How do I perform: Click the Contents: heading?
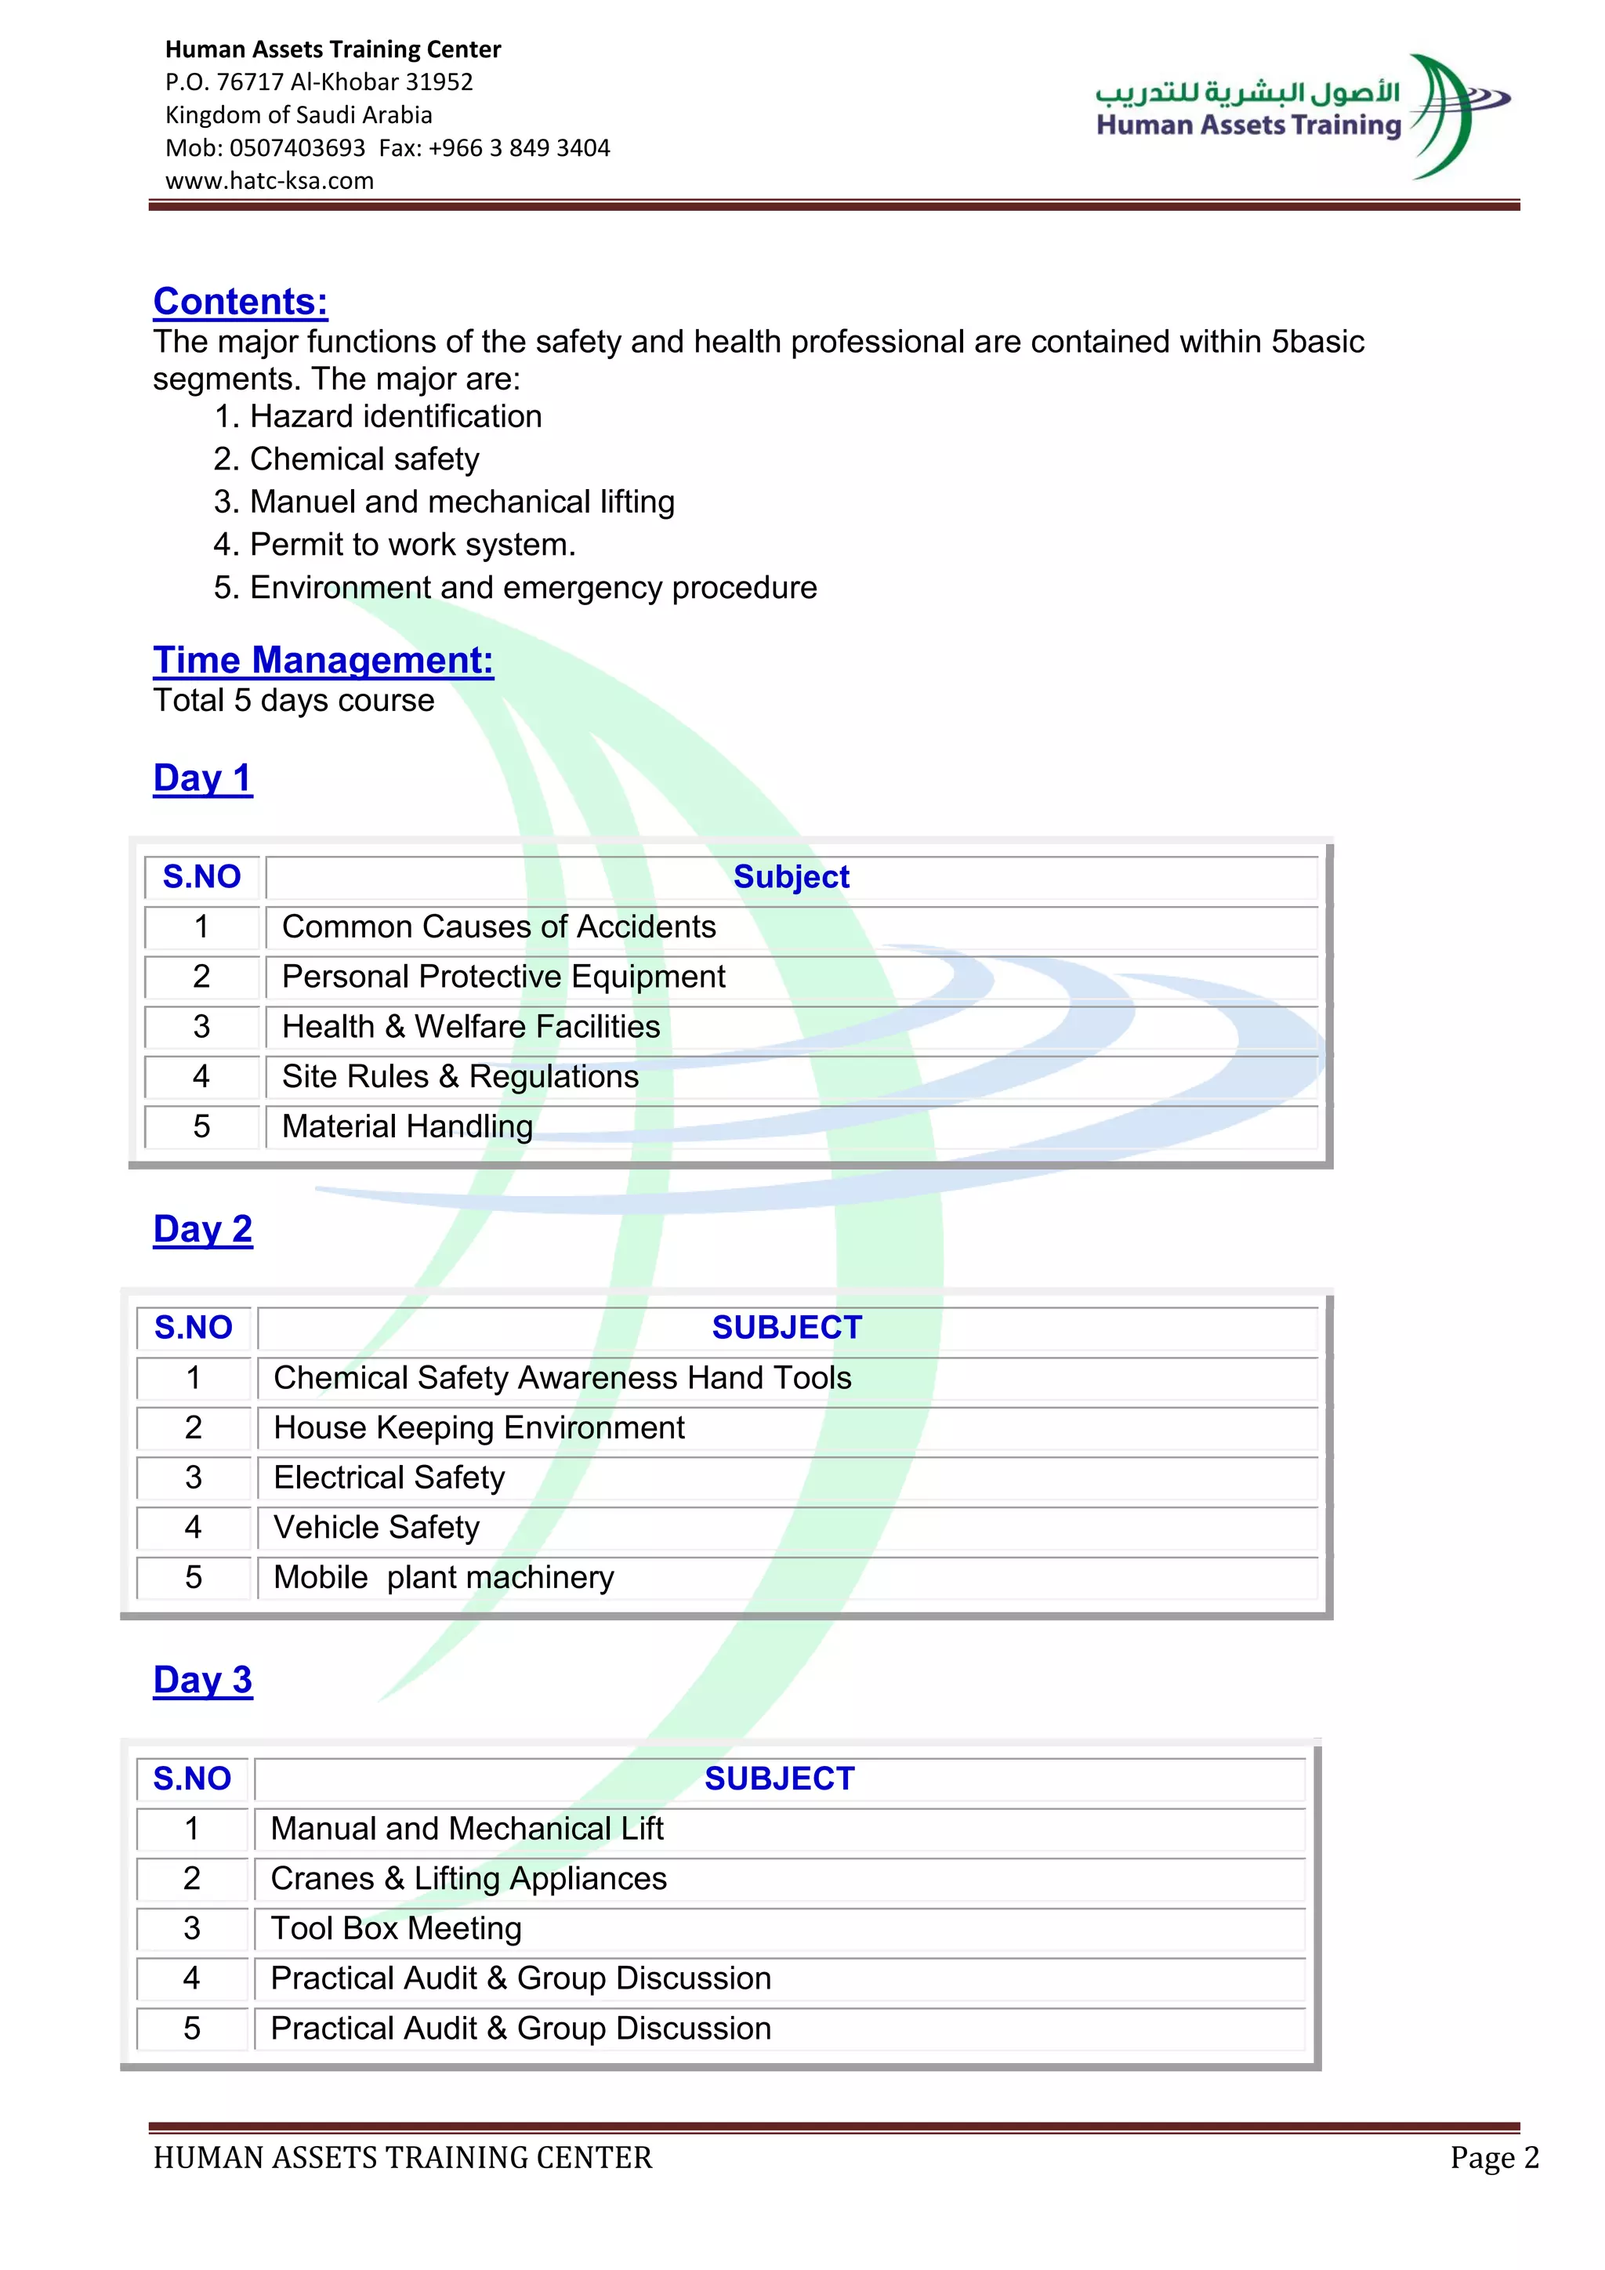(x=240, y=302)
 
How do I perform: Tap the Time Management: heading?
(x=323, y=661)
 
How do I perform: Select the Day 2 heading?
(x=203, y=1229)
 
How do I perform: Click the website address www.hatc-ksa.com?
(x=269, y=181)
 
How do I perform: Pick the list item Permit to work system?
(x=412, y=545)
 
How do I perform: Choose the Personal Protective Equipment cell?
(x=503, y=977)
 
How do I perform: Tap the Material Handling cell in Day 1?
(x=408, y=1126)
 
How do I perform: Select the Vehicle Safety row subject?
(x=376, y=1528)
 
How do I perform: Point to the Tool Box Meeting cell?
(x=397, y=1928)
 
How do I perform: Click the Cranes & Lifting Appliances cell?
(x=469, y=1879)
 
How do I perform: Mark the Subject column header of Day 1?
(x=791, y=877)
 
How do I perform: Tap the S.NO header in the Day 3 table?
(x=192, y=1779)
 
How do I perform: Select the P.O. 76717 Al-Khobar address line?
(x=318, y=82)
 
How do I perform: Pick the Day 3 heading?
(x=203, y=1680)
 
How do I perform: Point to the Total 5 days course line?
(x=294, y=701)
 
